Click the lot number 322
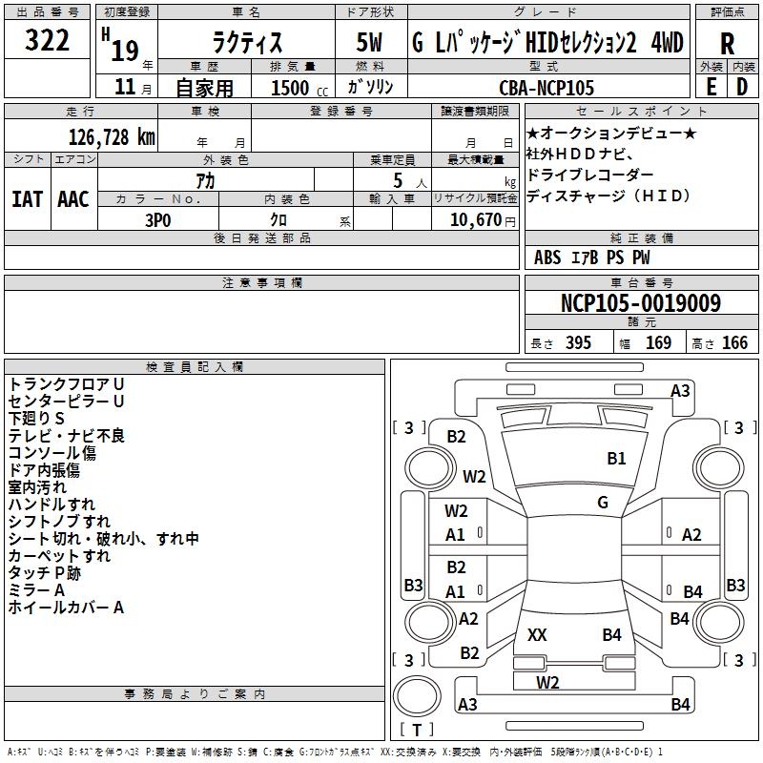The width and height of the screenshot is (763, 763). (x=47, y=41)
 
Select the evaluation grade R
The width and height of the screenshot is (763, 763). (x=727, y=44)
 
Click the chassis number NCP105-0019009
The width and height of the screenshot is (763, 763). (x=641, y=303)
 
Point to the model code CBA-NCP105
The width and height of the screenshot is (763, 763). (x=546, y=88)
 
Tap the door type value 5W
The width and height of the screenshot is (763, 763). (x=371, y=43)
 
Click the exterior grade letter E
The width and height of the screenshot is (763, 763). (x=710, y=87)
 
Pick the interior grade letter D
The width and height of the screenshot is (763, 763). (x=741, y=87)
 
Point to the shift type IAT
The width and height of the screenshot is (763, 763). (x=28, y=198)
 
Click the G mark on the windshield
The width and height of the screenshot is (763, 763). (x=603, y=503)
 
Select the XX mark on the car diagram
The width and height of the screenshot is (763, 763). (x=537, y=634)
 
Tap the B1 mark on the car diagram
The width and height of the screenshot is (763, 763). (x=616, y=459)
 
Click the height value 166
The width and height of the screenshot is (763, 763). (x=734, y=343)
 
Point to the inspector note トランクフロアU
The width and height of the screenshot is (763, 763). (x=66, y=383)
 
